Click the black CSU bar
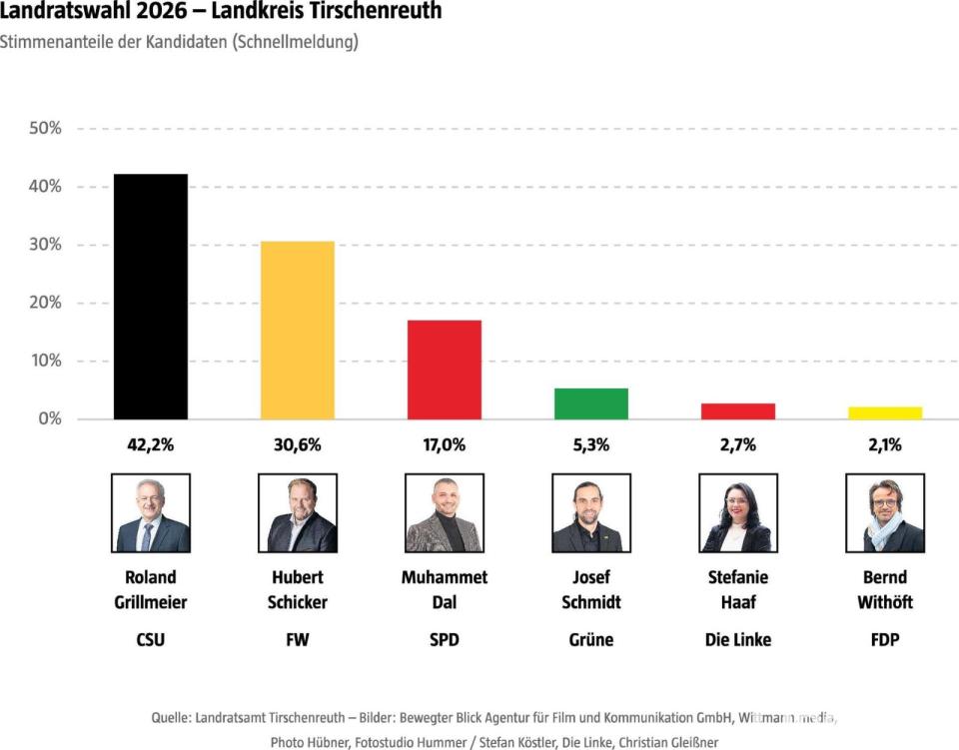(x=150, y=297)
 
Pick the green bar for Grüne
(x=591, y=403)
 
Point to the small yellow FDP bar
(x=885, y=412)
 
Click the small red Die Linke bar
(x=738, y=410)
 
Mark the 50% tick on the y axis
(x=45, y=129)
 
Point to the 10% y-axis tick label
(x=45, y=361)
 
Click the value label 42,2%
(x=150, y=445)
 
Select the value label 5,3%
(x=591, y=445)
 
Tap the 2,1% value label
(x=885, y=445)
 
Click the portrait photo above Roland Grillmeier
(x=152, y=513)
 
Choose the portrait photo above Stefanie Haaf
(x=738, y=513)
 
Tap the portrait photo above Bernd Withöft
(x=885, y=513)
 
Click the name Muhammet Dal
(x=445, y=589)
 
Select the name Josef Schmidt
(x=591, y=589)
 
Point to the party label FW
(x=298, y=639)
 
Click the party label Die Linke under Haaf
(x=738, y=639)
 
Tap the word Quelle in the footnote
(x=170, y=717)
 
